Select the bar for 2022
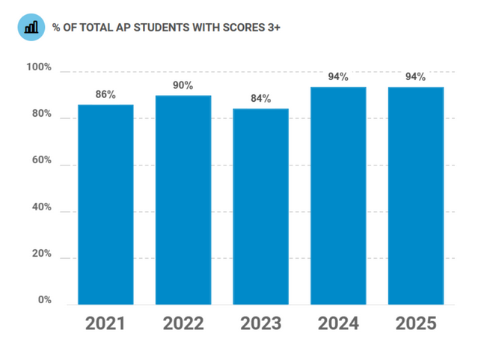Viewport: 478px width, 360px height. click(x=183, y=200)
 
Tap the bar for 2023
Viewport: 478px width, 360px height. click(x=260, y=207)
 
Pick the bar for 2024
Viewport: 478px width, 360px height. click(x=338, y=195)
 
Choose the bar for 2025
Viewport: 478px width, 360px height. click(x=415, y=195)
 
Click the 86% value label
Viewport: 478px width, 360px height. click(x=105, y=95)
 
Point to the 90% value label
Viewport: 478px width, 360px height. click(x=183, y=85)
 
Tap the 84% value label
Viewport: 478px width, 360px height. click(x=260, y=99)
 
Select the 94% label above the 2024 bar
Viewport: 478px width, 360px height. click(x=338, y=76)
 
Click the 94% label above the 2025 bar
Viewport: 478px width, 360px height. click(x=415, y=76)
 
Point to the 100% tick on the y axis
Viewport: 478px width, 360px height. click(x=39, y=68)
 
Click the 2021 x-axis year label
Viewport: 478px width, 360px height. click(x=105, y=324)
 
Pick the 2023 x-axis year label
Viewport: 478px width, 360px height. click(x=260, y=324)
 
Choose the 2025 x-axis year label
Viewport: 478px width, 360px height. click(x=415, y=324)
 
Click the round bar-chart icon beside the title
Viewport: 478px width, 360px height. click(x=31, y=27)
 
